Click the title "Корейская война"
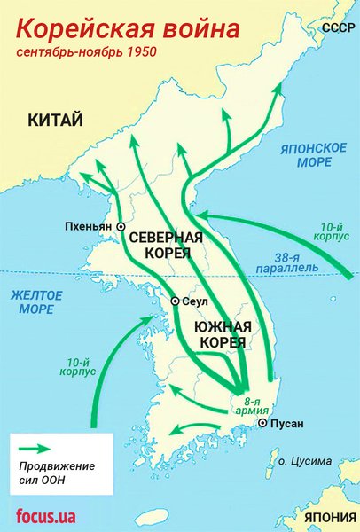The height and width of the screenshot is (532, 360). tap(128, 29)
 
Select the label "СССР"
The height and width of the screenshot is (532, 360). tap(337, 29)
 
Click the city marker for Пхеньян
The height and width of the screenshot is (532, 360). tap(121, 227)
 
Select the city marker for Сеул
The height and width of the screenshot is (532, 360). tap(176, 301)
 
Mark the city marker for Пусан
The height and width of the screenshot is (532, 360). tap(262, 424)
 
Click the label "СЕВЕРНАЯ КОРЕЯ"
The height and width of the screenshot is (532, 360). tap(165, 246)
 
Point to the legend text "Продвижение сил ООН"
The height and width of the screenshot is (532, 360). tap(56, 473)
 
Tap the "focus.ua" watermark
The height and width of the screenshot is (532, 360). tap(48, 515)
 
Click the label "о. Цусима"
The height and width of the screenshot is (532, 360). tap(302, 461)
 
